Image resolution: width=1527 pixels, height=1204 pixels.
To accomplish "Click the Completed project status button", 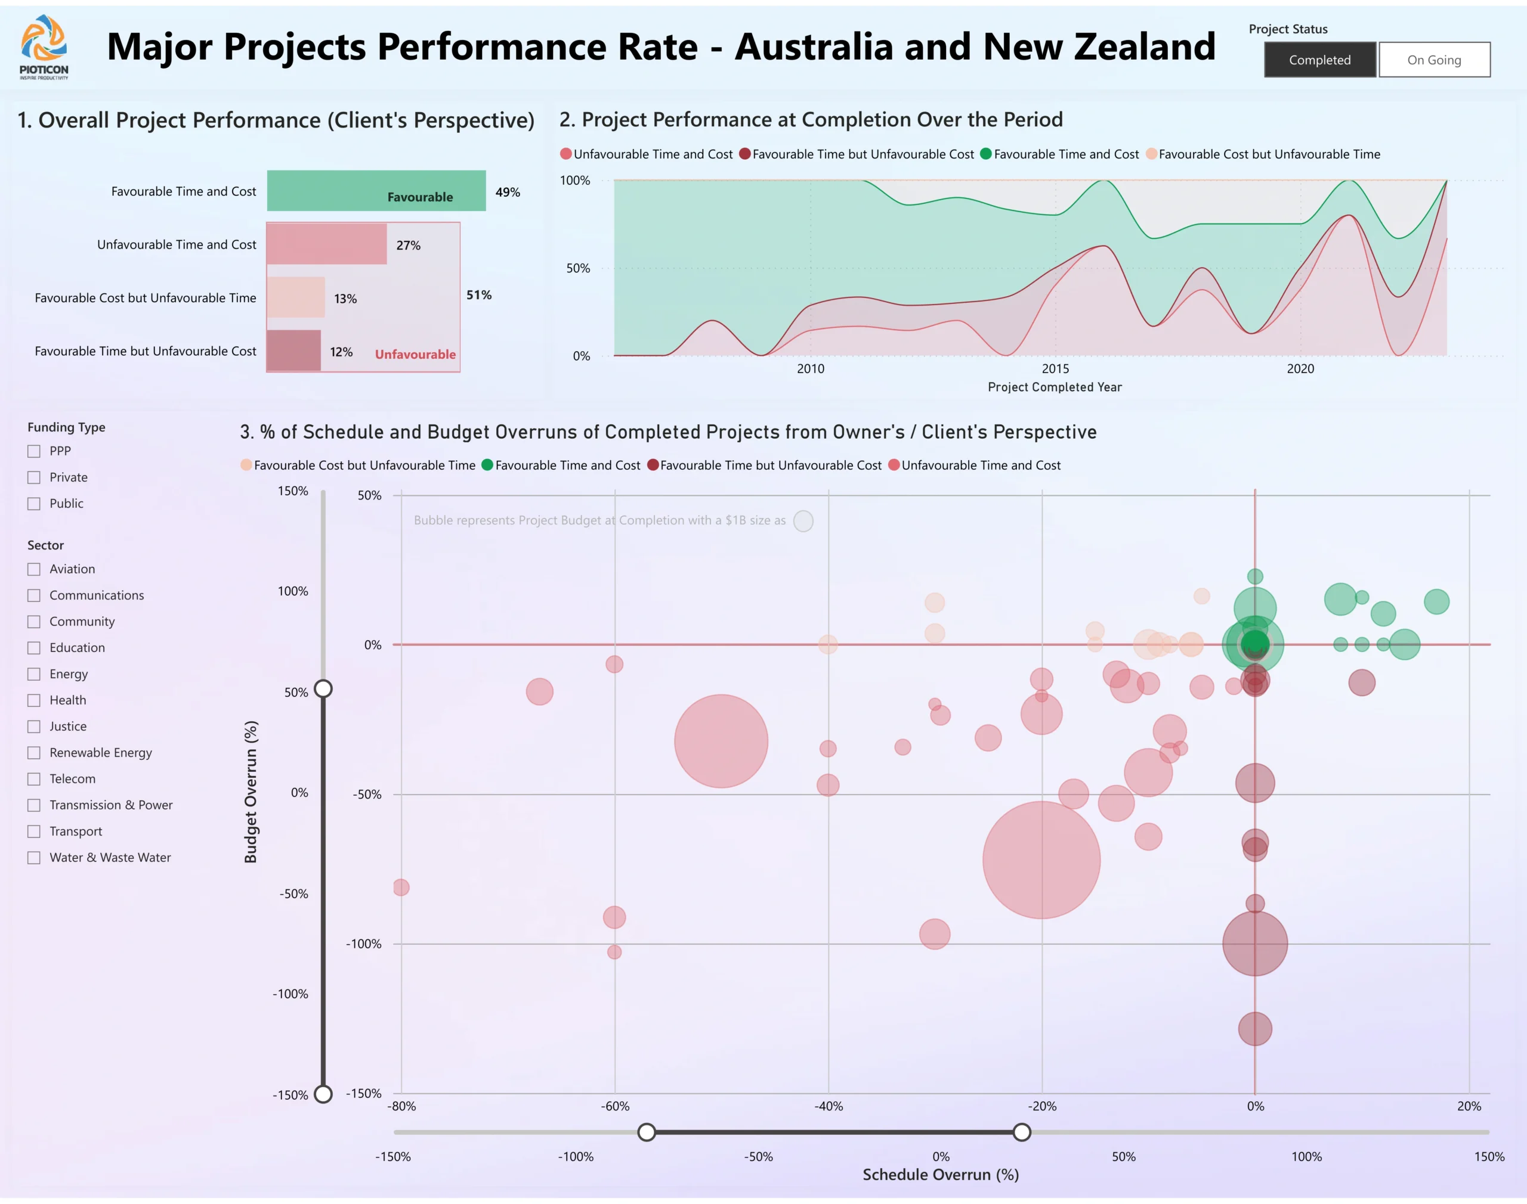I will (x=1319, y=60).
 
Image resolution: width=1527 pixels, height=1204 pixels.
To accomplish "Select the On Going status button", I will (x=1434, y=60).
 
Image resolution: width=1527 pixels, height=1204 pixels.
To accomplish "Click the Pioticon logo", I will (x=44, y=47).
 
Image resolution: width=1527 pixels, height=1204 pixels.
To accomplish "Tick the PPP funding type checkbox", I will (x=34, y=451).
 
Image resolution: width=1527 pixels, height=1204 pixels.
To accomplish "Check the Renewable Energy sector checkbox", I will (x=34, y=753).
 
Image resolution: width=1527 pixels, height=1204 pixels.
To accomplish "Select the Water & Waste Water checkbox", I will (x=34, y=858).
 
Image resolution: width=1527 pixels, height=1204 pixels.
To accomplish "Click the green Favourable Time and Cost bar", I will (x=376, y=190).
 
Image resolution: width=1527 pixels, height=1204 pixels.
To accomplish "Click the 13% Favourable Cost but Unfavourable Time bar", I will (x=295, y=297).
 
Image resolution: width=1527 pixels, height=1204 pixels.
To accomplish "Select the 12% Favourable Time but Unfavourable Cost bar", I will (x=293, y=350).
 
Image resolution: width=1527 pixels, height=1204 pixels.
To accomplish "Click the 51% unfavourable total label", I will (x=479, y=294).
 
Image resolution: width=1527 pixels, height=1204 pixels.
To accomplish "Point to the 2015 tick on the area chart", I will (x=1055, y=369).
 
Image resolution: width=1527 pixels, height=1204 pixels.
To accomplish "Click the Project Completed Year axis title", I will (x=1055, y=387).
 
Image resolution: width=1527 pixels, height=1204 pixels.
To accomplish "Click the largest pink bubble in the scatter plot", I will (x=1041, y=860).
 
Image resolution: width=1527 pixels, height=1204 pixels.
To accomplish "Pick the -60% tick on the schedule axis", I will (x=615, y=1106).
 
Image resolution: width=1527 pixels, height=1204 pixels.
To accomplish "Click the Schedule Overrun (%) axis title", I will (x=940, y=1174).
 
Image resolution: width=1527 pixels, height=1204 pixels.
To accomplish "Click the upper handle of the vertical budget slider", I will (x=323, y=688).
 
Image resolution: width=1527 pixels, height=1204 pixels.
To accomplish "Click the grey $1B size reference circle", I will (x=803, y=521).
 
